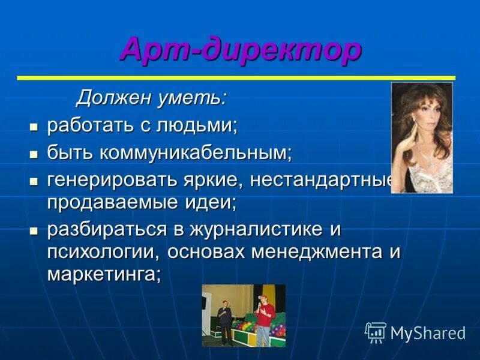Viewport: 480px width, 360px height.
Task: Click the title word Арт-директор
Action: [240, 49]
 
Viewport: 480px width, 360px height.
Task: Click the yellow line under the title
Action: [236, 78]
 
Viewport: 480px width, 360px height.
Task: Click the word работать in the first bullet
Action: [91, 125]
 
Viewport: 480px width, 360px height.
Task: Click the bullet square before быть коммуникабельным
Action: [34, 154]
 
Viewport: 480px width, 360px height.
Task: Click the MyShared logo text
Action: [428, 332]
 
